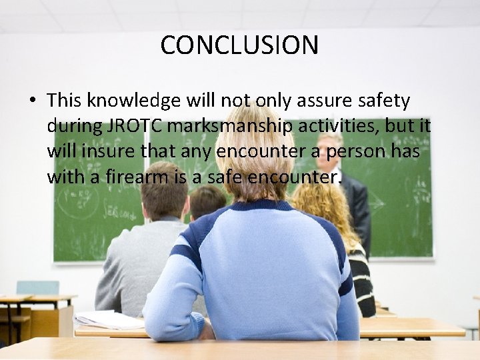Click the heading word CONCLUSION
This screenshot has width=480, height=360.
(239, 45)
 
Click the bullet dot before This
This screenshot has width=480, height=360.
(32, 101)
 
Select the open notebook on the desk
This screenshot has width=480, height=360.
(110, 320)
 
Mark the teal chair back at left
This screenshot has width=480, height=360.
(37, 287)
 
